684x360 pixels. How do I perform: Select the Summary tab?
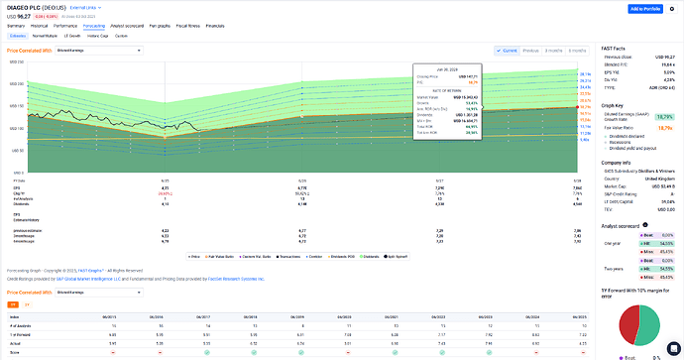click(x=16, y=25)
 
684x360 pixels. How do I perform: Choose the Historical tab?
click(x=39, y=25)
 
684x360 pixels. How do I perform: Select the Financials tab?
click(x=215, y=25)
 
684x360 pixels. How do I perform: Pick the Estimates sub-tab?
click(x=18, y=35)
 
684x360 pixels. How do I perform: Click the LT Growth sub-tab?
click(x=73, y=35)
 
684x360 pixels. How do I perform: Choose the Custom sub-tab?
click(x=121, y=35)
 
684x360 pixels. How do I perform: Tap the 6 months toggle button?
click(x=555, y=50)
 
